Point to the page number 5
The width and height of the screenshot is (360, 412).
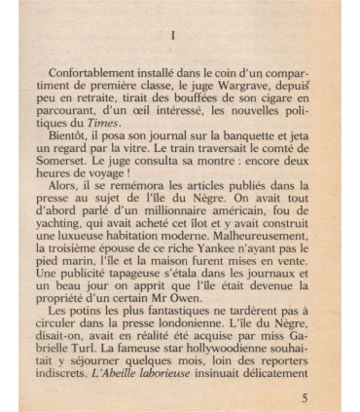tap(306, 398)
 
